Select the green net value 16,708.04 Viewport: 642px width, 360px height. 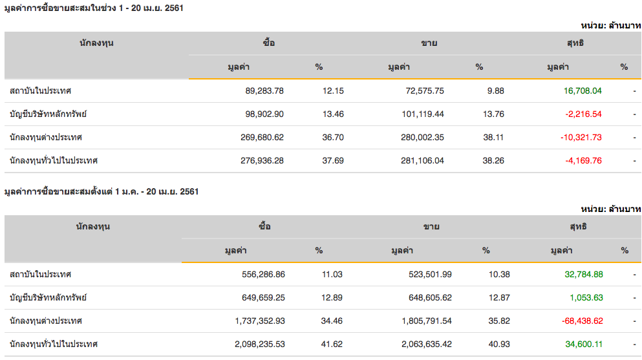583,91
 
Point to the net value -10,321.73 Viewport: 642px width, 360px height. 581,138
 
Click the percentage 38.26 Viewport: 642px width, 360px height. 494,161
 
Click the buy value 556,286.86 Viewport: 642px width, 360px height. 258,275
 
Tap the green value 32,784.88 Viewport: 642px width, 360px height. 583,275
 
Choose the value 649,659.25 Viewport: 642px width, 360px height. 258,298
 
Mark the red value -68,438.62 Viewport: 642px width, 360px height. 581,321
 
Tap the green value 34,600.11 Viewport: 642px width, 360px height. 584,344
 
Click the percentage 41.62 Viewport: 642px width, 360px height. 332,344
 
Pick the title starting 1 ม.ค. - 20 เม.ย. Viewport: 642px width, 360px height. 102,191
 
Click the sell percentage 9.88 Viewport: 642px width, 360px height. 496,91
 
